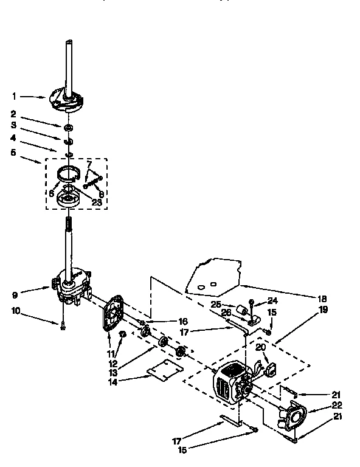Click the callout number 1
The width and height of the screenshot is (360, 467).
14,95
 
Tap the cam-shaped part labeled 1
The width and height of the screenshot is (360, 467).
65,100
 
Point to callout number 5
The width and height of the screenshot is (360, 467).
14,153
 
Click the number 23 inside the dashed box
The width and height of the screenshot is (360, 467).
96,202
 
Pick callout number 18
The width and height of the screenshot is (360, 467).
322,299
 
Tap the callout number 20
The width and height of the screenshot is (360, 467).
260,347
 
